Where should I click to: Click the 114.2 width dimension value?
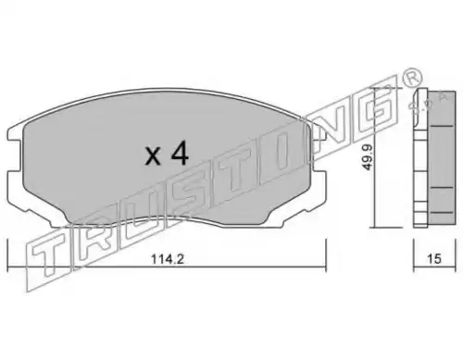coord(168,259)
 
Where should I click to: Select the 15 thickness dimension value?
coord(434,259)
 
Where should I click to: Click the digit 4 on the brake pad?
coord(180,155)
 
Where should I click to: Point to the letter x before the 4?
coord(153,156)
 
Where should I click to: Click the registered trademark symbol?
coord(412,77)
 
